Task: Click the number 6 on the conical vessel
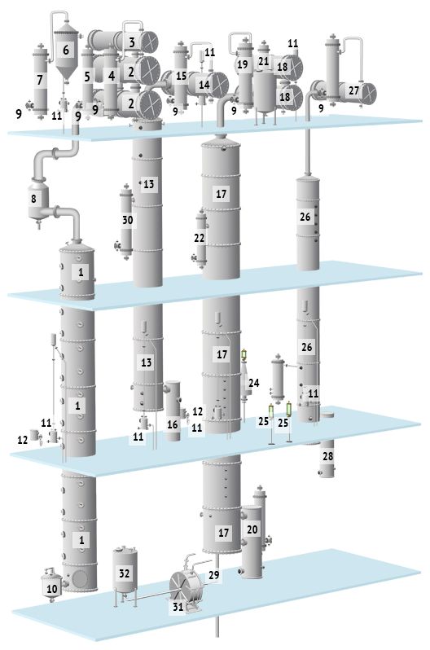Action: click(x=66, y=51)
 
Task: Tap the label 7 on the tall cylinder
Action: click(x=40, y=80)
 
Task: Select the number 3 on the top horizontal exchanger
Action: click(x=132, y=42)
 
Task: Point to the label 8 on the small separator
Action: click(x=33, y=199)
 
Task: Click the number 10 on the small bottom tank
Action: click(x=52, y=589)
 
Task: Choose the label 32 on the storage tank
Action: click(x=125, y=573)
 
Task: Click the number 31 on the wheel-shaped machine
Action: click(x=178, y=607)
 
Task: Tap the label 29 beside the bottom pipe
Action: click(x=214, y=575)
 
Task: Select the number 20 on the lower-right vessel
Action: click(x=252, y=529)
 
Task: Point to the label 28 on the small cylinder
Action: click(x=327, y=456)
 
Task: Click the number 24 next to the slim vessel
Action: click(x=254, y=383)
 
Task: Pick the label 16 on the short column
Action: click(x=173, y=424)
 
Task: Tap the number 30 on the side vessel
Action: click(x=127, y=220)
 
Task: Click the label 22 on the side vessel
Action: click(x=199, y=238)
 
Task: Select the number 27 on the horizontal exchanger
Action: click(x=353, y=90)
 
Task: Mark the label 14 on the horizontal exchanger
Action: click(x=204, y=85)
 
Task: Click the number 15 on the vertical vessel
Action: click(x=182, y=76)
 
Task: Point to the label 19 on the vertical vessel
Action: click(x=243, y=64)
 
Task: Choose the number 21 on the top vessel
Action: click(x=264, y=61)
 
